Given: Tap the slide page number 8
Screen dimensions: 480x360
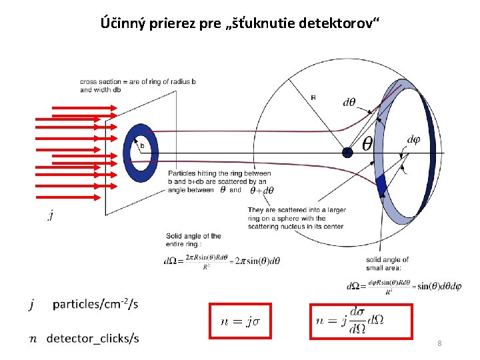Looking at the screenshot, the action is [x=439, y=343].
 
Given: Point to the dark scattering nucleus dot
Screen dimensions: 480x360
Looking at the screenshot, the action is [x=347, y=153].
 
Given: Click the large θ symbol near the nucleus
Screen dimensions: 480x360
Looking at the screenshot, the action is [x=367, y=144].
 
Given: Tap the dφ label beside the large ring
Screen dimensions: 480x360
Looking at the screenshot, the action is [x=413, y=139].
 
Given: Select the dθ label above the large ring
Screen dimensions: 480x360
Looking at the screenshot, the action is [x=349, y=102].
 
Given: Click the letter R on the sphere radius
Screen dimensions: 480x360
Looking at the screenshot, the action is [x=313, y=97].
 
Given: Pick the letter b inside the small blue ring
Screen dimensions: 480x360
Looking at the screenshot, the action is [x=142, y=145].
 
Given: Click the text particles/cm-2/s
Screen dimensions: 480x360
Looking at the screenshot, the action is [x=95, y=305].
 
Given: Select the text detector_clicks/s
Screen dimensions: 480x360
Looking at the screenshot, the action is [x=93, y=339].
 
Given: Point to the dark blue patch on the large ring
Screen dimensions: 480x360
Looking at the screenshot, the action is [x=381, y=185].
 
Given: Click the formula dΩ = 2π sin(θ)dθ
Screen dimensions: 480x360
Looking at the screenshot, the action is [x=222, y=261].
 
